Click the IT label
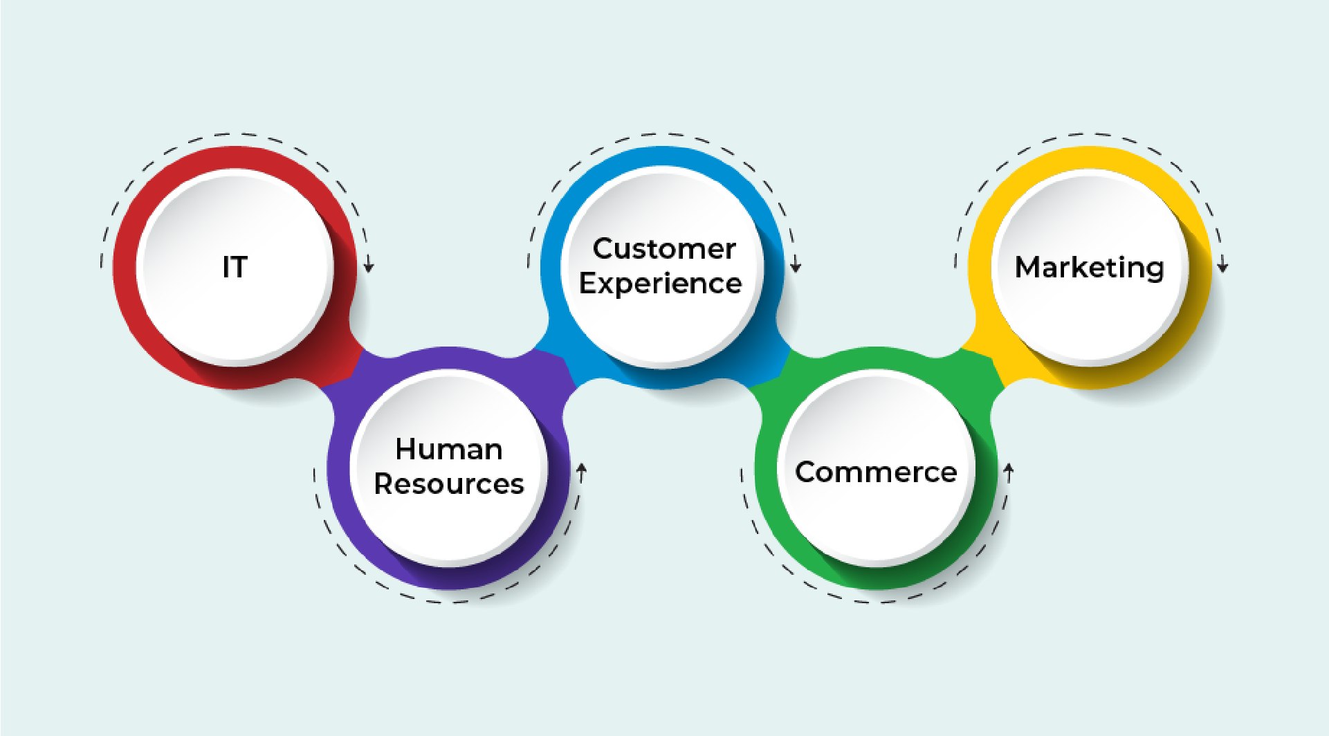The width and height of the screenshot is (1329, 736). coord(235,267)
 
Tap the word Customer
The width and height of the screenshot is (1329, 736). coord(664,249)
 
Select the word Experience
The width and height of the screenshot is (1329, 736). coord(661,284)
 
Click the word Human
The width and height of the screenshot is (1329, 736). coord(449,450)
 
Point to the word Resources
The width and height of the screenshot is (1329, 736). coord(449,484)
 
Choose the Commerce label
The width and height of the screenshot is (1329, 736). coord(876,472)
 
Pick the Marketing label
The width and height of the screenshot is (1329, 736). coord(1090,268)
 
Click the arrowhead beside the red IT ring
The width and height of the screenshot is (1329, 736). coord(369,266)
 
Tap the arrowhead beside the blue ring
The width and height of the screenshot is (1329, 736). coord(796,266)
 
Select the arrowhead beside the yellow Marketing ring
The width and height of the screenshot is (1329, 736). coord(1223,266)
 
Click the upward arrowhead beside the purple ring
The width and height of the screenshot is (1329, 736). coord(582,470)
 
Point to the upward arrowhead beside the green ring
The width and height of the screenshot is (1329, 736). coord(1009,470)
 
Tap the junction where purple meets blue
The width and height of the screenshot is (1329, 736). coord(557,367)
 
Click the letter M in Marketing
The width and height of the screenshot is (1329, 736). coord(1029,267)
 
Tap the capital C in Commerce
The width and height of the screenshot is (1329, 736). coord(807,472)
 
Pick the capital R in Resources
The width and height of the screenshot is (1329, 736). coord(385,484)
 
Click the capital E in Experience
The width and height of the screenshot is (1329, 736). coord(589,284)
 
